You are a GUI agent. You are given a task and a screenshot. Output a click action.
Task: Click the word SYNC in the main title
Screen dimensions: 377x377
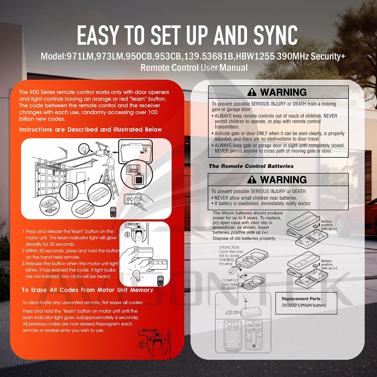[275, 35]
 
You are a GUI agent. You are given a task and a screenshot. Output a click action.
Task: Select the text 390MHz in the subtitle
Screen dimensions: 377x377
[293, 56]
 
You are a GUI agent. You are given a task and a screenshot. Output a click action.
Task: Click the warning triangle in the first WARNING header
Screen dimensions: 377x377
[252, 92]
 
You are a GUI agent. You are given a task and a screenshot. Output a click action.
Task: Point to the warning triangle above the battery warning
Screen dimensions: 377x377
[252, 180]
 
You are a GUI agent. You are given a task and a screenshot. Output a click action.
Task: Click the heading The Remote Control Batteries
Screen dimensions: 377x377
[251, 166]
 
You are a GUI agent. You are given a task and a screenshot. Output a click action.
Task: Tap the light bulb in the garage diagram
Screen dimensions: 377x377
[83, 149]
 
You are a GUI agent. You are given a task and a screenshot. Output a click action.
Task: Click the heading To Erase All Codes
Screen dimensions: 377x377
[87, 290]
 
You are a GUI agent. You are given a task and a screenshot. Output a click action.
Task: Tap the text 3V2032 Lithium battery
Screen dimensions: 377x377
[304, 305]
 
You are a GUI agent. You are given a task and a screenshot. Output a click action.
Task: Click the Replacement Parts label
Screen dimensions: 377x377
[301, 299]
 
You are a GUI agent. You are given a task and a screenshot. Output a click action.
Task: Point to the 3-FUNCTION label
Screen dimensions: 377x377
[229, 248]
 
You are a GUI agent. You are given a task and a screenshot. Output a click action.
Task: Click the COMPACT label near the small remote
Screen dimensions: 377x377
[230, 280]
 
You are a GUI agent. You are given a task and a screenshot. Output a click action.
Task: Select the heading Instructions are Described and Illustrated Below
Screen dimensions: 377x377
[90, 130]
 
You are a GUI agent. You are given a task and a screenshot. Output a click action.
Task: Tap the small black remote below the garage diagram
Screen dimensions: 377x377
[113, 212]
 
